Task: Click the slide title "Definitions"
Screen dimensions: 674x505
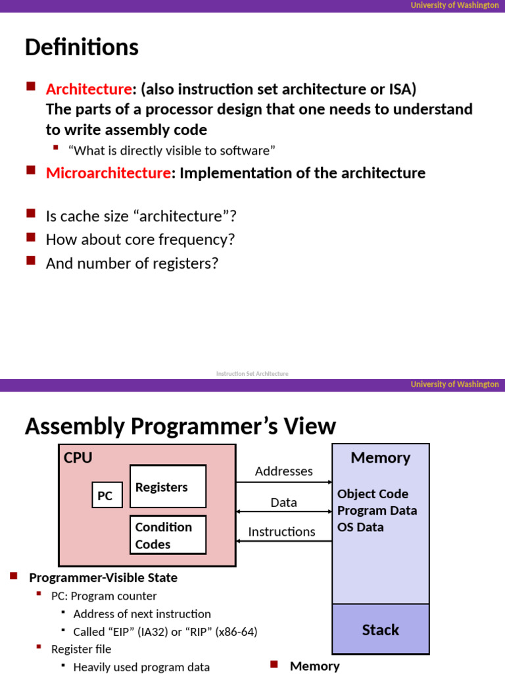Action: (x=82, y=47)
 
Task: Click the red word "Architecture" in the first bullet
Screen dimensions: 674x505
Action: (x=89, y=89)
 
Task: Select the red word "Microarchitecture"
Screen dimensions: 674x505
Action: (x=108, y=173)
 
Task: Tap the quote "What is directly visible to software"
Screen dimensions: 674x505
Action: (x=174, y=151)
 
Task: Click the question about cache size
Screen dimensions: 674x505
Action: (x=141, y=216)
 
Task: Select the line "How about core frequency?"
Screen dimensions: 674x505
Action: (x=140, y=240)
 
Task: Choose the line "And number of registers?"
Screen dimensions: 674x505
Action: (x=132, y=263)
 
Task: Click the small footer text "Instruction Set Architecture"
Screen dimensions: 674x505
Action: (x=252, y=373)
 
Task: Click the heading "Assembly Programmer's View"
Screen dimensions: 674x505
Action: (x=180, y=427)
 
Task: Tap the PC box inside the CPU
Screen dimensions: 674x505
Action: (x=105, y=496)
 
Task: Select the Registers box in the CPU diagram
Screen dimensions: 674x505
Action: (x=168, y=487)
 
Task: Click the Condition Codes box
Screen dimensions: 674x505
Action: (x=168, y=535)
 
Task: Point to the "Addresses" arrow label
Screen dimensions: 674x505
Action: (x=283, y=471)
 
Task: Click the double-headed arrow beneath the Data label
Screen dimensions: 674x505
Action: (x=284, y=511)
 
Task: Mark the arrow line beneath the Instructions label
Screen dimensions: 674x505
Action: (x=284, y=541)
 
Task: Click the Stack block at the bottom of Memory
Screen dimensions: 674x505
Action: (x=380, y=630)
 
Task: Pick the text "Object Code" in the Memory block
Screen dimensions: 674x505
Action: (x=372, y=494)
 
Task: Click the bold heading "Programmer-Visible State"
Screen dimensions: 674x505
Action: (x=103, y=578)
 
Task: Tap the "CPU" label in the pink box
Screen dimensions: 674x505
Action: (x=78, y=458)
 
